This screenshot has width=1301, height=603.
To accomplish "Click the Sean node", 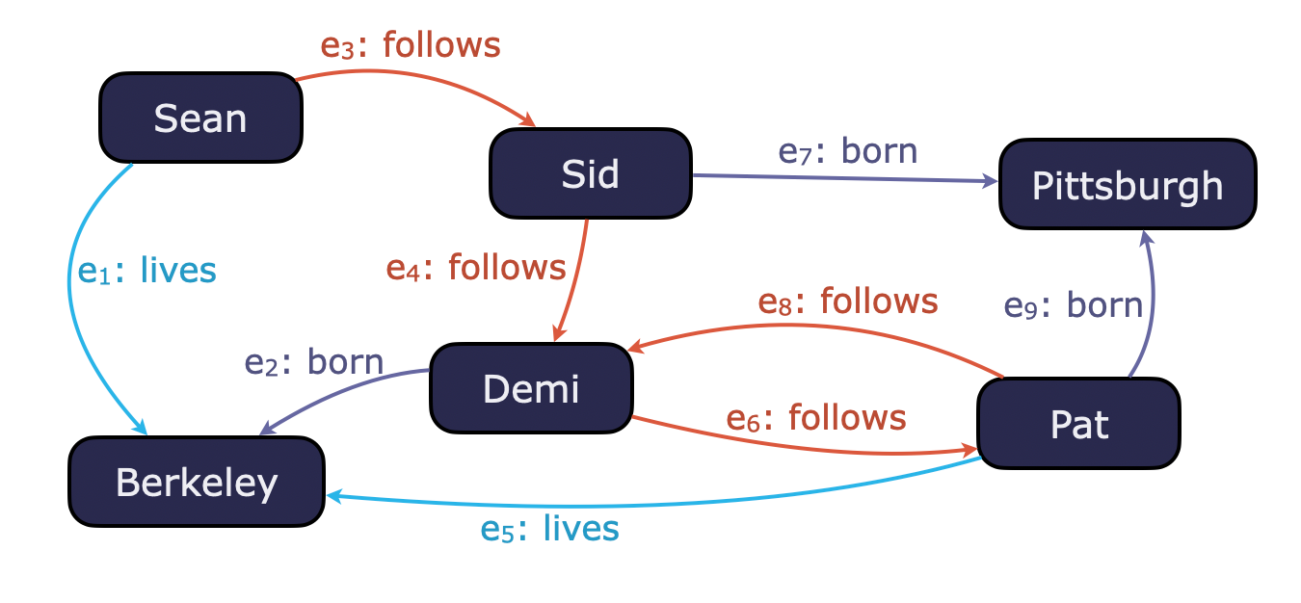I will [x=200, y=118].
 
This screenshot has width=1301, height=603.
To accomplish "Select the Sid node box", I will [x=590, y=173].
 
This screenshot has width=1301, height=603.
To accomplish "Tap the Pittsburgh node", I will [x=1128, y=184].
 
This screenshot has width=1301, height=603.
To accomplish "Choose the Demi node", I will [x=531, y=387].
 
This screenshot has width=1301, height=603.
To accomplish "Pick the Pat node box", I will [x=1078, y=424].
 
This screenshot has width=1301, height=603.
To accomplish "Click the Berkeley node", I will [x=197, y=482].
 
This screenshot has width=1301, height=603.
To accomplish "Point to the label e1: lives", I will [x=147, y=271].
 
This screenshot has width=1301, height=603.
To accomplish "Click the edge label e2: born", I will [x=314, y=362].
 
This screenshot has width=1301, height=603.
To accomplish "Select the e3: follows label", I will [x=411, y=45].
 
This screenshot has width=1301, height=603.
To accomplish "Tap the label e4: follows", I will [x=476, y=267].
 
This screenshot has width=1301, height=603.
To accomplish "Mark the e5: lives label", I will [x=549, y=529].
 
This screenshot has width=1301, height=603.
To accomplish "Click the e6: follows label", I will [x=816, y=417].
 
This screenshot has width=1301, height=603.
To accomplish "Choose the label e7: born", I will [x=848, y=151].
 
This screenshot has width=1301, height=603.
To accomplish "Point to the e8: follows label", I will [x=848, y=301].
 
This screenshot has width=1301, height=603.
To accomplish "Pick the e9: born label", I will [x=1073, y=305].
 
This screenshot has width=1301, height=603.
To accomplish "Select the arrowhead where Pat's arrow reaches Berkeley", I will [x=334, y=495].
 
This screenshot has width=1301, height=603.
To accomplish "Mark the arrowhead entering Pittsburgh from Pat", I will [x=1144, y=237].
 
